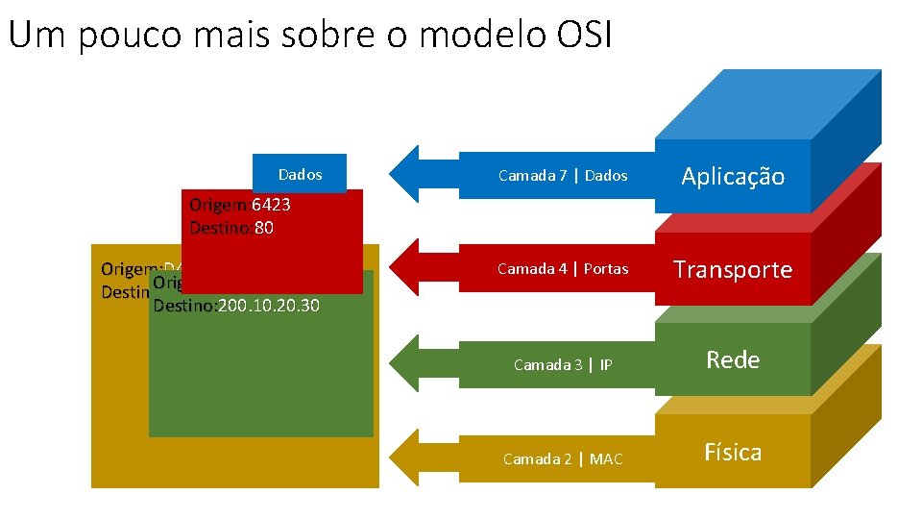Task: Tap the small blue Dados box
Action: click(300, 174)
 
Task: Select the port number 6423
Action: click(271, 205)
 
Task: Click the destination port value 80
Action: click(264, 228)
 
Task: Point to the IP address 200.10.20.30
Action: click(268, 306)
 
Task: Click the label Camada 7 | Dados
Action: click(563, 175)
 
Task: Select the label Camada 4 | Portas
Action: click(563, 268)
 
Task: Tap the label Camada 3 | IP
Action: click(563, 364)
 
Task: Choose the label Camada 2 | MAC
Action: click(563, 458)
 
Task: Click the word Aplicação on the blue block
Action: click(733, 176)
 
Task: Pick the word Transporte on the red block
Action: click(733, 269)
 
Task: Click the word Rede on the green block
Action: click(733, 359)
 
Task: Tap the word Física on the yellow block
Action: click(733, 452)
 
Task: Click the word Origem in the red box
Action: click(218, 205)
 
